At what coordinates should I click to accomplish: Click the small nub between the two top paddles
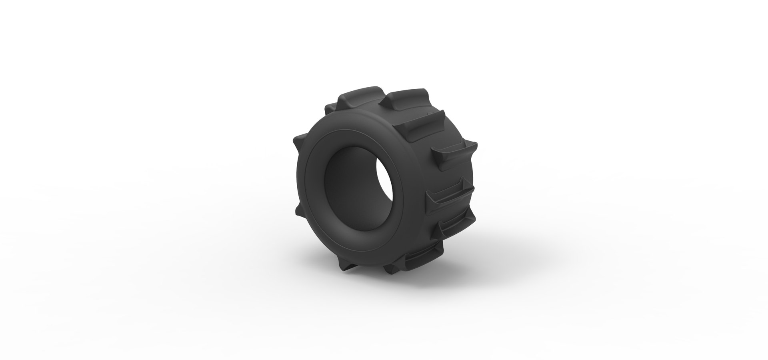click(434, 116)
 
